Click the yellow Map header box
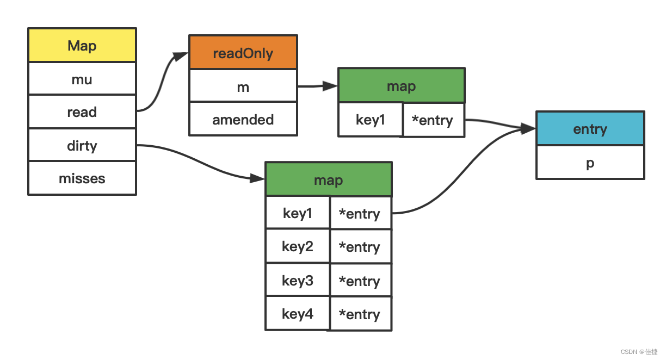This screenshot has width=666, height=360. [82, 46]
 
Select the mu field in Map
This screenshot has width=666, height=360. [82, 79]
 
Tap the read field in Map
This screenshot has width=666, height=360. [82, 112]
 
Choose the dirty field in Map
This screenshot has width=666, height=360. [82, 145]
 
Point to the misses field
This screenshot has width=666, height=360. [82, 178]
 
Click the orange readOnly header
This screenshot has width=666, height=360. [243, 53]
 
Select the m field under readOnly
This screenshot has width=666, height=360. [243, 86]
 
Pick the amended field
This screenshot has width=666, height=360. [243, 119]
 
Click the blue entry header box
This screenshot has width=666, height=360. [590, 129]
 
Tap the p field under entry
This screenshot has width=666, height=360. [590, 163]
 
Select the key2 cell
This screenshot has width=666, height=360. [298, 247]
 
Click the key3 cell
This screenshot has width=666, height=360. [298, 281]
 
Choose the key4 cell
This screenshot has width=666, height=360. [298, 314]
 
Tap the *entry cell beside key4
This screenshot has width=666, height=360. [360, 314]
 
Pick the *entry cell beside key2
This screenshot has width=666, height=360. [360, 247]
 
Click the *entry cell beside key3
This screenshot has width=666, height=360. [360, 281]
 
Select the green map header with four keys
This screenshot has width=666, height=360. [329, 180]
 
